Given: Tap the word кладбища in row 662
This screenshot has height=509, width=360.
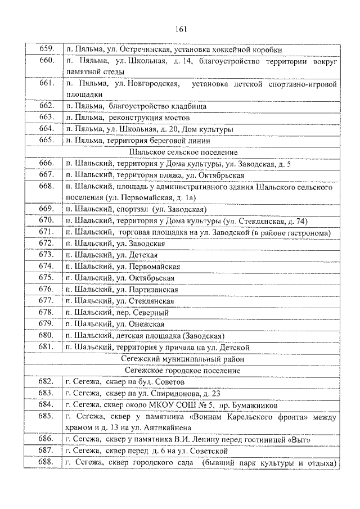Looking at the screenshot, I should point(184,106).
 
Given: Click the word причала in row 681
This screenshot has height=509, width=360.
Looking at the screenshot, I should point(191,347).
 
